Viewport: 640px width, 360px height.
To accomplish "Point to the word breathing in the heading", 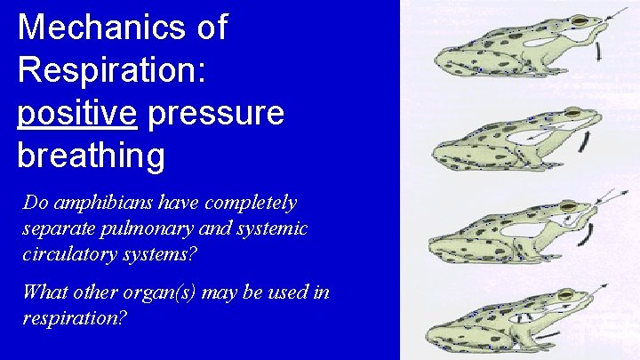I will tap(91, 156).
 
